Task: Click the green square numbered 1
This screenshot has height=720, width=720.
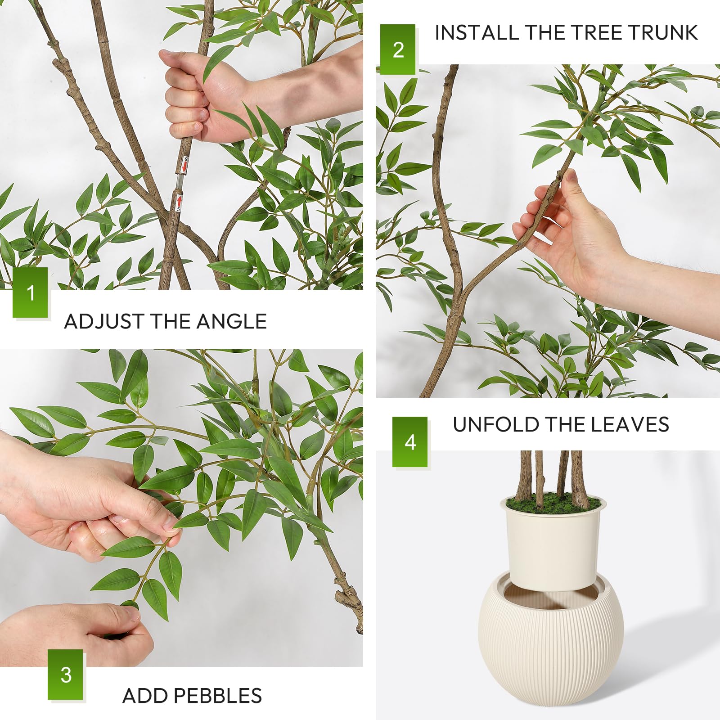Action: (x=31, y=292)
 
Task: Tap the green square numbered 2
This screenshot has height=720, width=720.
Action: (x=398, y=49)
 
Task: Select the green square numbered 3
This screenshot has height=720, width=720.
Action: (x=66, y=674)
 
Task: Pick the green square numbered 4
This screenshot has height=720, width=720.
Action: (x=410, y=442)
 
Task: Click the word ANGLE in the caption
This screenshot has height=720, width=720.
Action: (x=231, y=321)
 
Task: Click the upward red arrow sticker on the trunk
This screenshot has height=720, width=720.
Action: (x=179, y=203)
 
